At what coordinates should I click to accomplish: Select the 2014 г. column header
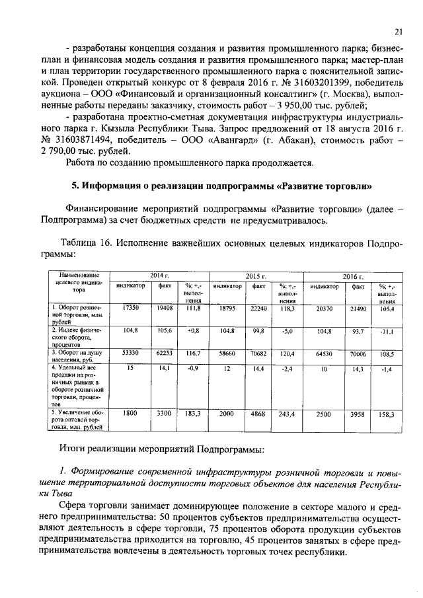pos(159,275)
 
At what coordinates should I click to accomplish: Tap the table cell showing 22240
pos(260,308)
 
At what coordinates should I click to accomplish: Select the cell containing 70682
pos(260,354)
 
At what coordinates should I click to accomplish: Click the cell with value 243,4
pos(286,414)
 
